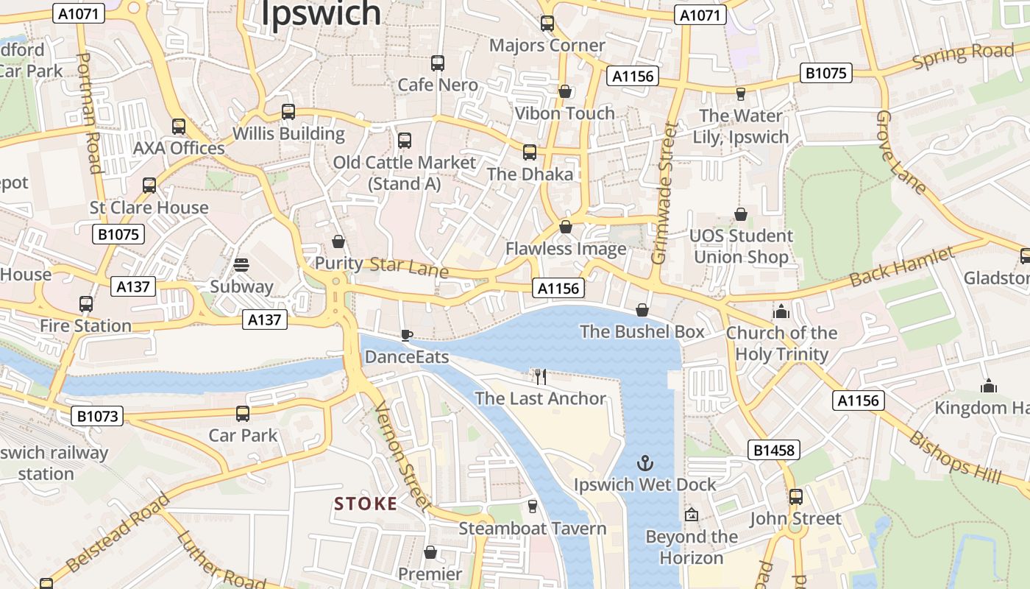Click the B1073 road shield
[x=98, y=416]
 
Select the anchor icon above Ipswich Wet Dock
[x=644, y=464]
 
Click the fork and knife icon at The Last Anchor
[x=541, y=377]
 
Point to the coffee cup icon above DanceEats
[x=406, y=336]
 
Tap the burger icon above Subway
[x=241, y=265]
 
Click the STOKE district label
[x=366, y=504]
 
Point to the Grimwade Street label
[x=664, y=194]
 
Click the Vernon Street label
[x=403, y=456]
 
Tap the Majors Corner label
[x=547, y=45]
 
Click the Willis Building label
[x=288, y=133]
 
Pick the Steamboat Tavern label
[x=533, y=528]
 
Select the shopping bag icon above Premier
[x=430, y=552]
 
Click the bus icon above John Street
[x=795, y=497]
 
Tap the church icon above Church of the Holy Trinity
[x=781, y=311]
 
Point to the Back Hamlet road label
[x=902, y=267]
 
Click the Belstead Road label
[x=118, y=534]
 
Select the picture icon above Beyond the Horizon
[x=691, y=515]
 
